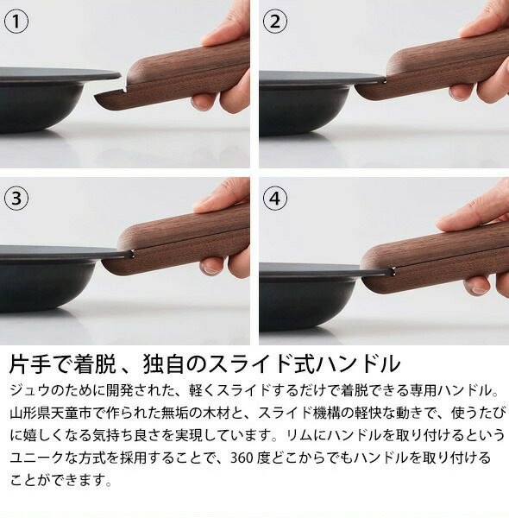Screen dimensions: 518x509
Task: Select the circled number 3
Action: (16, 198)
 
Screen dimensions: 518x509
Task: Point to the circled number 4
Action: (273, 198)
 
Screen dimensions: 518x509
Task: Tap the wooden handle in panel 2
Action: (440, 69)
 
